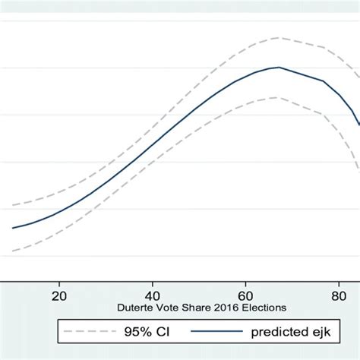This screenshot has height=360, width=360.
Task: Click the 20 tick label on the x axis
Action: pyautogui.click(x=59, y=296)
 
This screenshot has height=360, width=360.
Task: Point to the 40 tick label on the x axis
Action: pyautogui.click(x=152, y=296)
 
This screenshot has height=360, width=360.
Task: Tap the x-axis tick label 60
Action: pyautogui.click(x=245, y=296)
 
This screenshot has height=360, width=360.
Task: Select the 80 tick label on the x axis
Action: pyautogui.click(x=338, y=296)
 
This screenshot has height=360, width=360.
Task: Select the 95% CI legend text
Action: pyautogui.click(x=141, y=332)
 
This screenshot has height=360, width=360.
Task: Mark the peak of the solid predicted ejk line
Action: pyautogui.click(x=279, y=68)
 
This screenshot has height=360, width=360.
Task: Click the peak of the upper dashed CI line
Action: pyautogui.click(x=279, y=37)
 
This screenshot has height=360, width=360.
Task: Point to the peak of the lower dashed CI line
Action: pyautogui.click(x=279, y=97)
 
